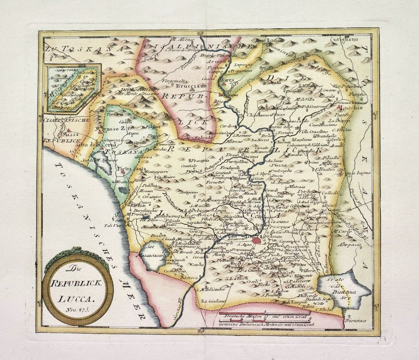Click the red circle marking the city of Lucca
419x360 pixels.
coord(257,241)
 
